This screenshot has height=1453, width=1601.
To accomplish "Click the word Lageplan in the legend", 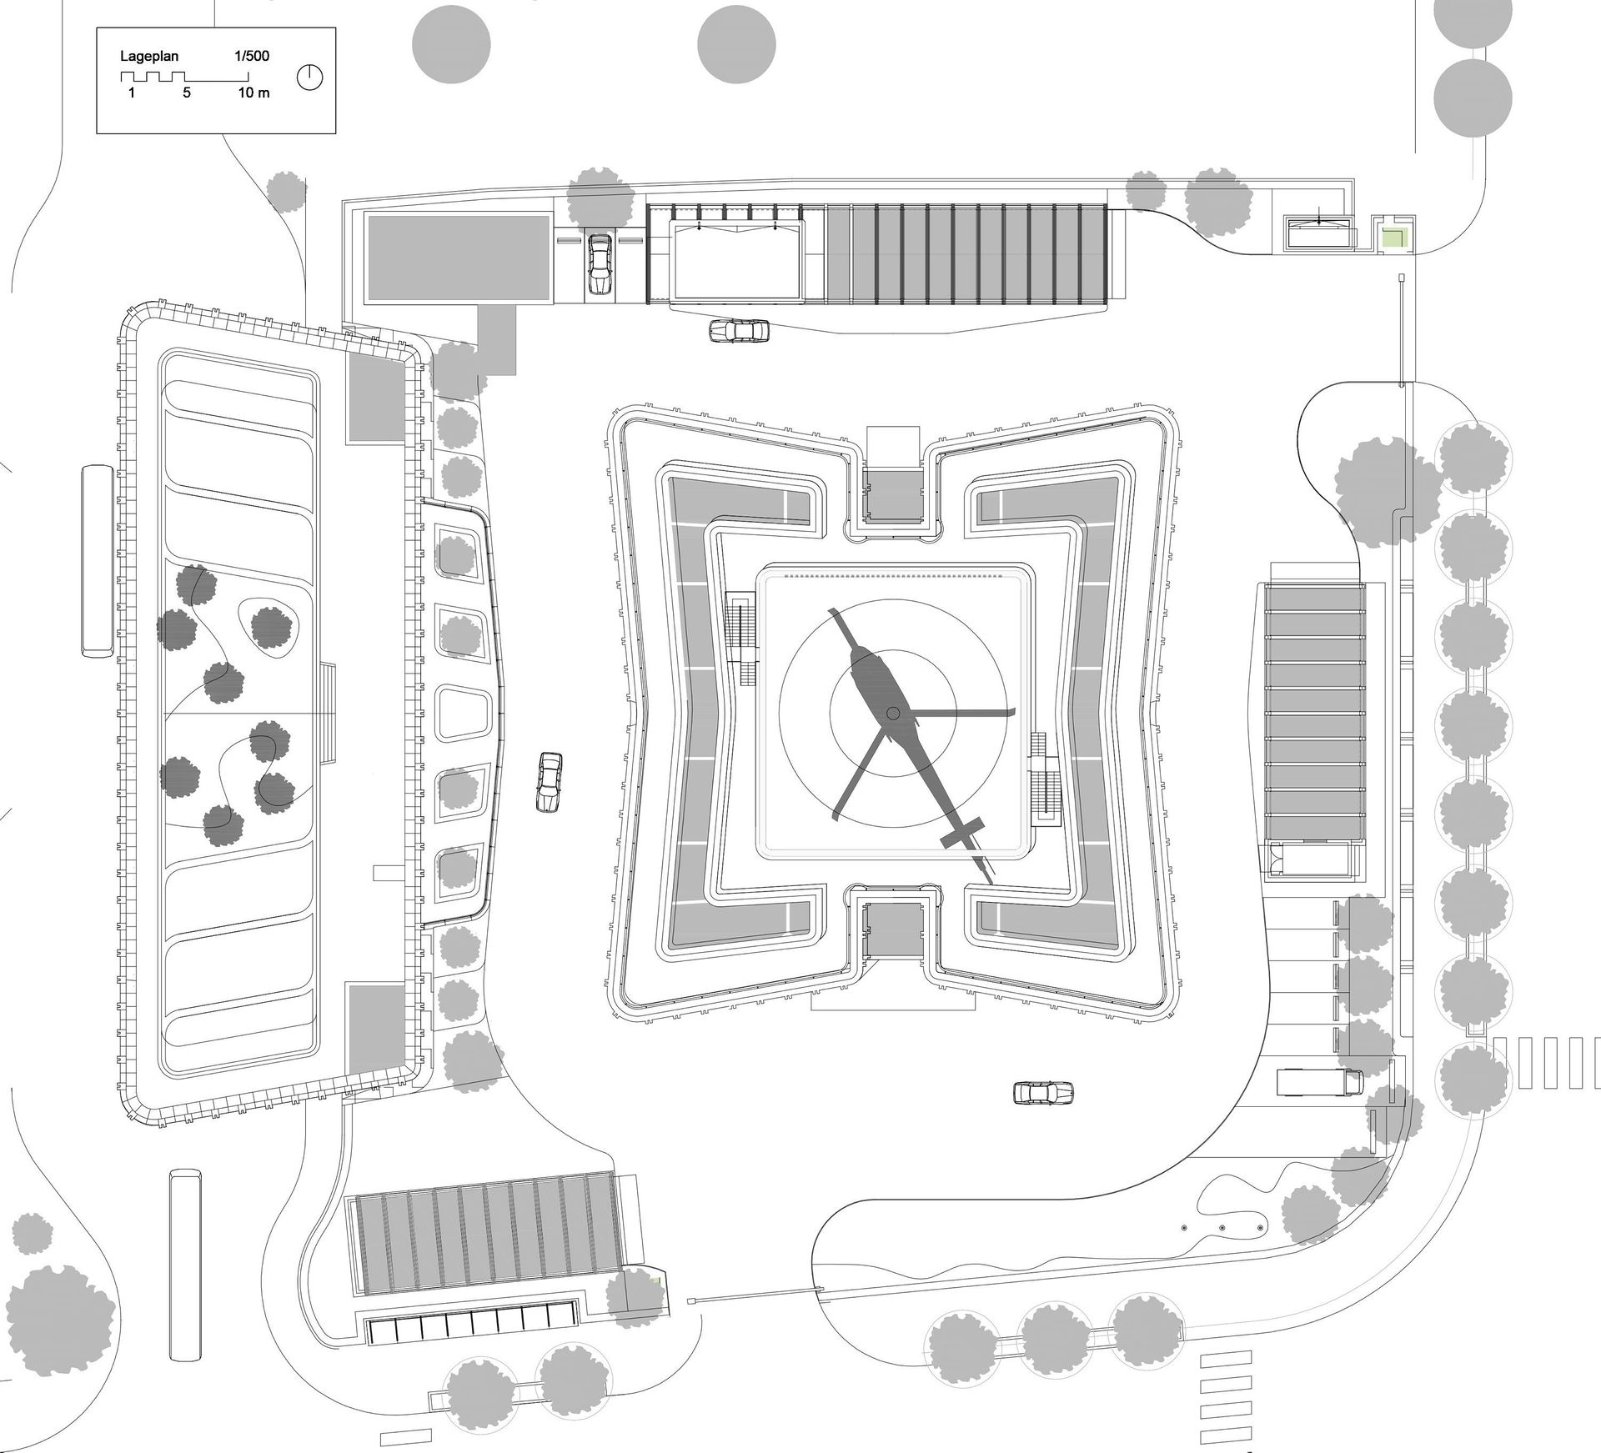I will pyautogui.click(x=148, y=57).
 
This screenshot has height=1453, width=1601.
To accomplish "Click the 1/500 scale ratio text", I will pyautogui.click(x=251, y=57).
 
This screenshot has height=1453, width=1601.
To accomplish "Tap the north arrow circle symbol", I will pyautogui.click(x=309, y=78).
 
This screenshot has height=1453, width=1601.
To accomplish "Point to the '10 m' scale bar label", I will pyautogui.click(x=253, y=93).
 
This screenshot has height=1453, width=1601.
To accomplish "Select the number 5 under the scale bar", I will pyautogui.click(x=187, y=93).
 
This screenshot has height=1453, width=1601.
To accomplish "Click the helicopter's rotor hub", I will pyautogui.click(x=893, y=713).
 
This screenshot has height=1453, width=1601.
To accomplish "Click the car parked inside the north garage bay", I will pyautogui.click(x=599, y=263).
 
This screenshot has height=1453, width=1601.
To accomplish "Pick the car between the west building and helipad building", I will pyautogui.click(x=550, y=781).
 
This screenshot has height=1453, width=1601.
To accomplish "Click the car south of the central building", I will pyautogui.click(x=1043, y=1092).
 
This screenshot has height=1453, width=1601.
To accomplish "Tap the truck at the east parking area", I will pyautogui.click(x=1320, y=1082).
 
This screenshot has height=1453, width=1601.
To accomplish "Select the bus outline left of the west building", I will pyautogui.click(x=98, y=561).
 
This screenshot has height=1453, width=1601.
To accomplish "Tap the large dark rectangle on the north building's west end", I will pyautogui.click(x=458, y=259).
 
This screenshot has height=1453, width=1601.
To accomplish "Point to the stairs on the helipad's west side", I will pyautogui.click(x=740, y=638).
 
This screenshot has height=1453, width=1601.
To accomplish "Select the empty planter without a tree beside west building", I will pyautogui.click(x=463, y=714).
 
